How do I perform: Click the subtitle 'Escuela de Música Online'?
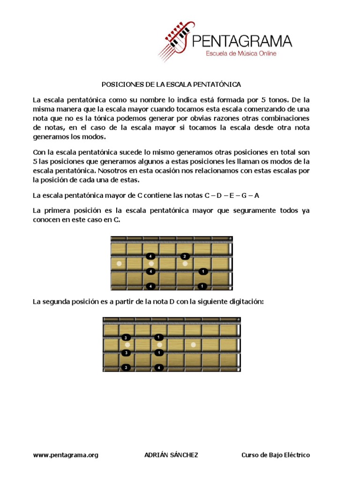pyautogui.click(x=241, y=53)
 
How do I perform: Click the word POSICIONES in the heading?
pyautogui.click(x=119, y=85)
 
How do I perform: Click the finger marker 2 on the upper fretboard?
pyautogui.click(x=185, y=256)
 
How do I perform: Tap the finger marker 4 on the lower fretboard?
pyautogui.click(x=159, y=367)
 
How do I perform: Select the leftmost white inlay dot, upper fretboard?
pyautogui.click(x=119, y=264)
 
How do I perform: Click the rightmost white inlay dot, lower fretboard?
pyautogui.click(x=193, y=345)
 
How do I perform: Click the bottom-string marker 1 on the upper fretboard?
pyautogui.click(x=202, y=286)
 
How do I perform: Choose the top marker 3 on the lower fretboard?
pyautogui.click(x=126, y=337)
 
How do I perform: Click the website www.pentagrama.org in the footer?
pyautogui.click(x=66, y=455)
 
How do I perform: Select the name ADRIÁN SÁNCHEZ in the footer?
pyautogui.click(x=171, y=455)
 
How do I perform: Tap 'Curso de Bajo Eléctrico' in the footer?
pyautogui.click(x=276, y=455)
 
